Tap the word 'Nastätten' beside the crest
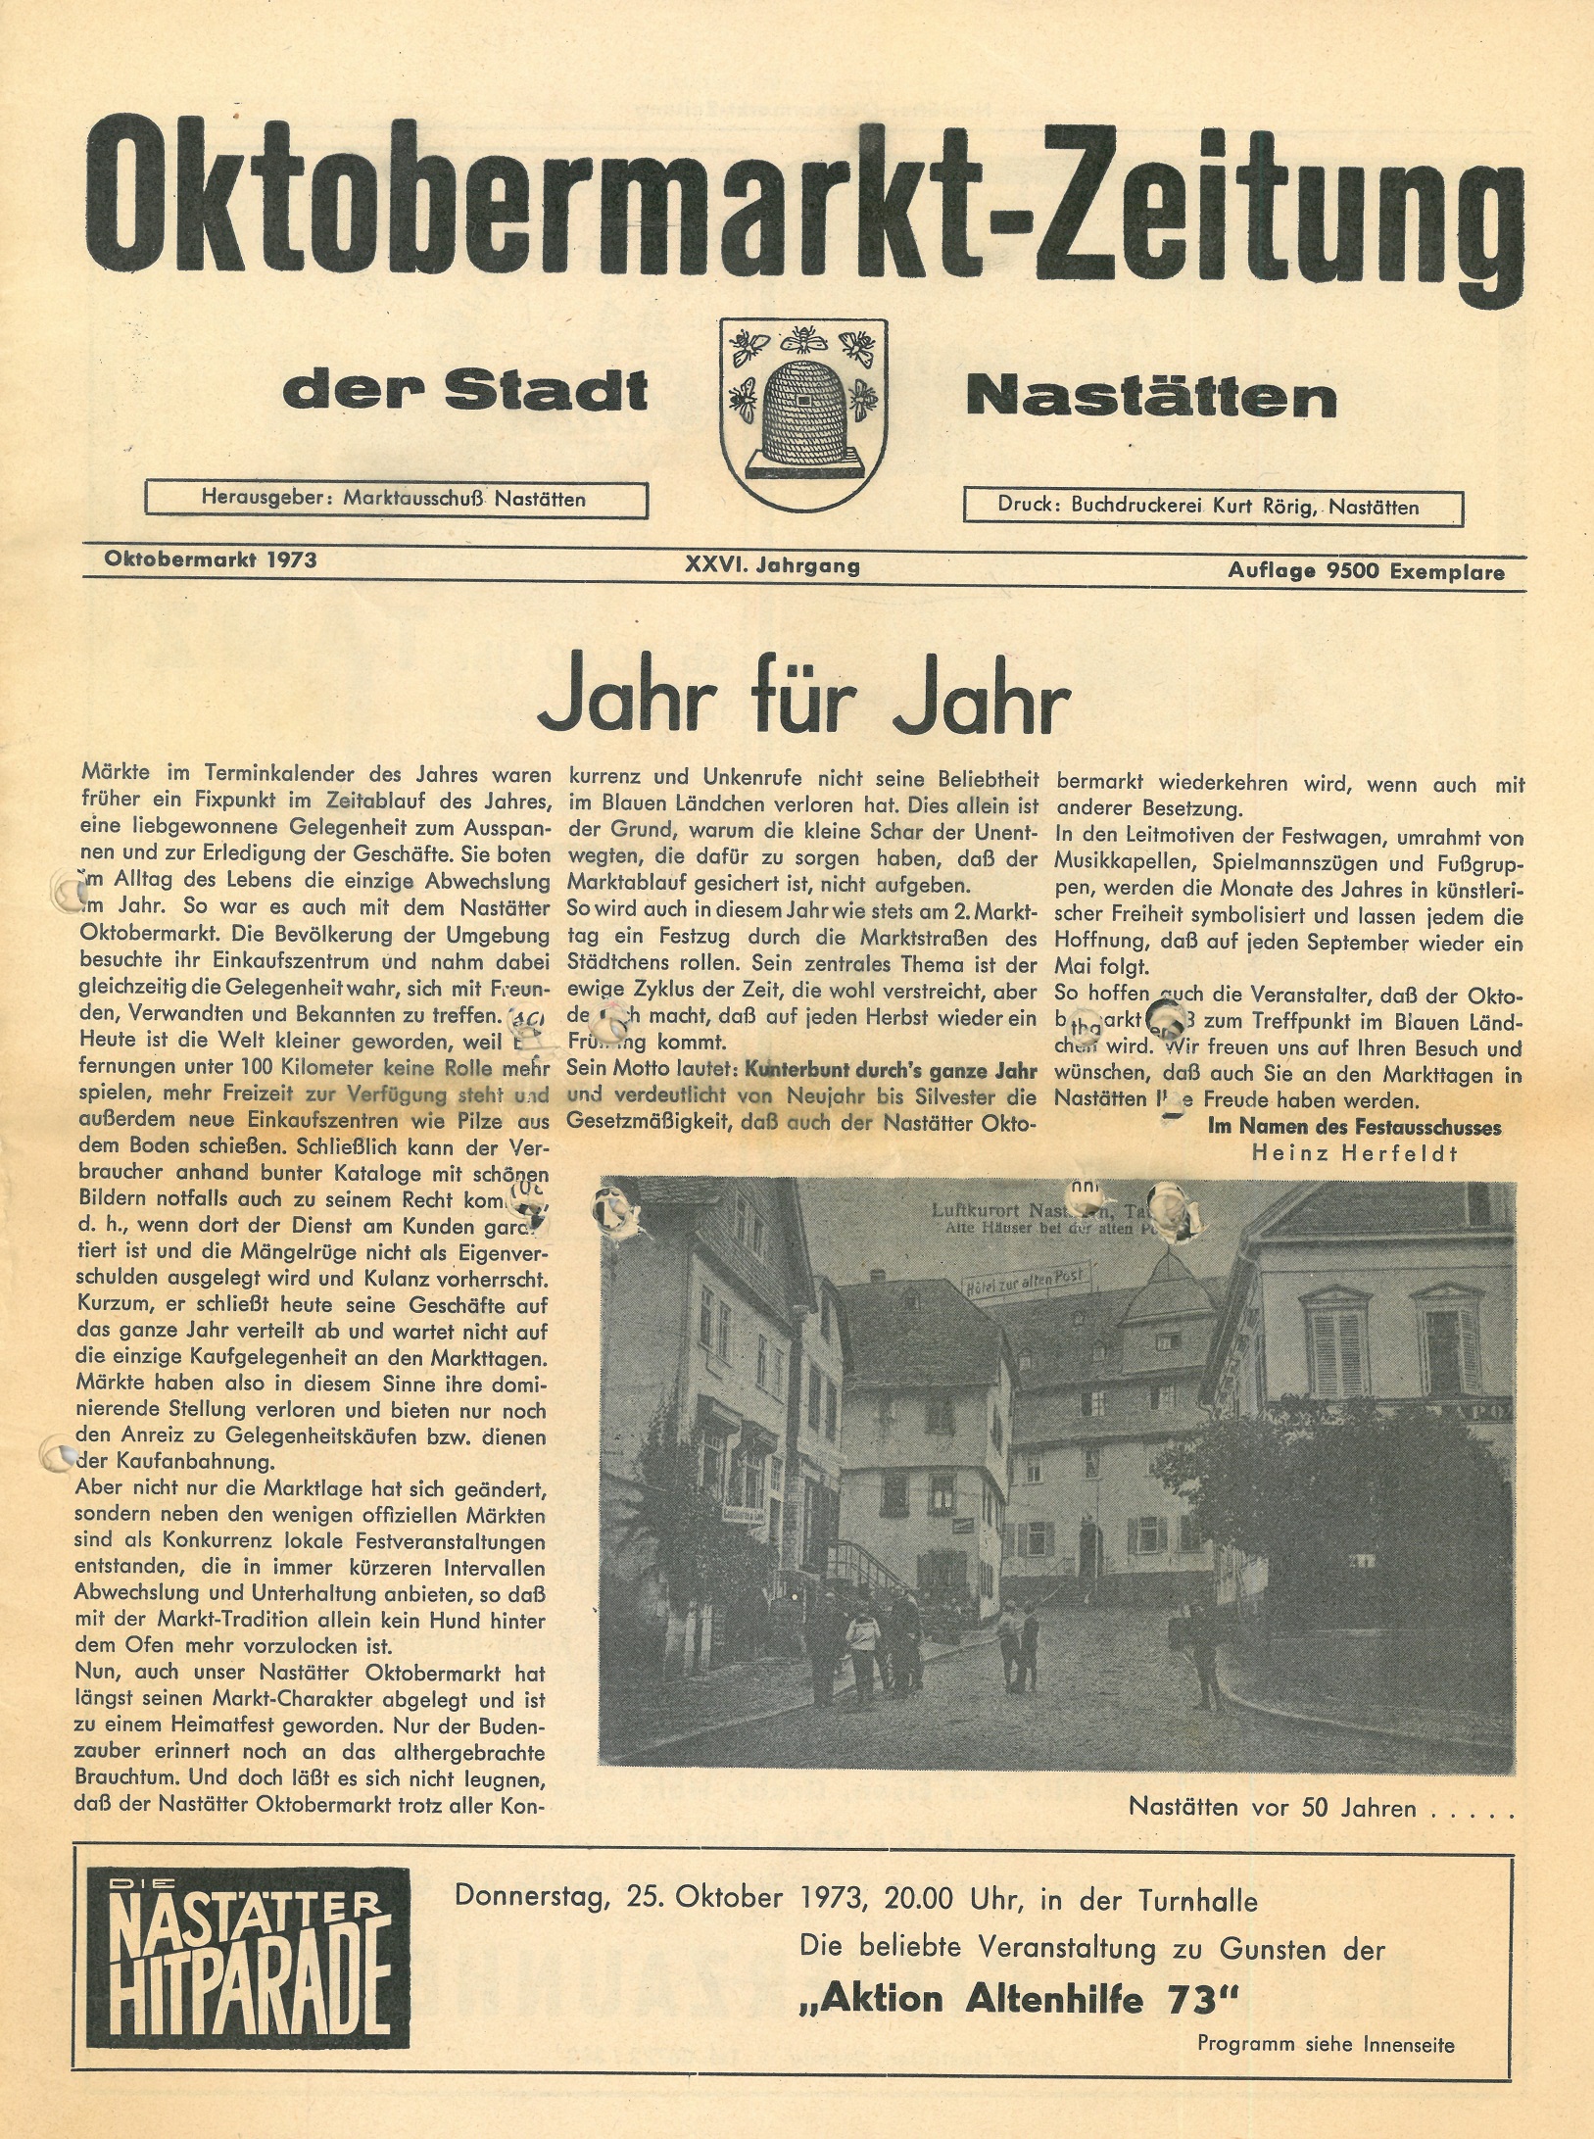[1151, 396]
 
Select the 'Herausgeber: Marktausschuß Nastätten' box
[396, 499]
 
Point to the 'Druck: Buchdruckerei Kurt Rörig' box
[1213, 507]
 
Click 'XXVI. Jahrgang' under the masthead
[773, 565]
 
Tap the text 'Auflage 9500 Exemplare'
[1367, 571]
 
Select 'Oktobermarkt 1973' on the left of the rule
[210, 559]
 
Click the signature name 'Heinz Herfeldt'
[1355, 1153]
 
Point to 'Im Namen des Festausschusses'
[1355, 1127]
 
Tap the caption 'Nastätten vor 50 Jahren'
[1273, 1807]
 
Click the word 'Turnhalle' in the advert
[1196, 1900]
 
